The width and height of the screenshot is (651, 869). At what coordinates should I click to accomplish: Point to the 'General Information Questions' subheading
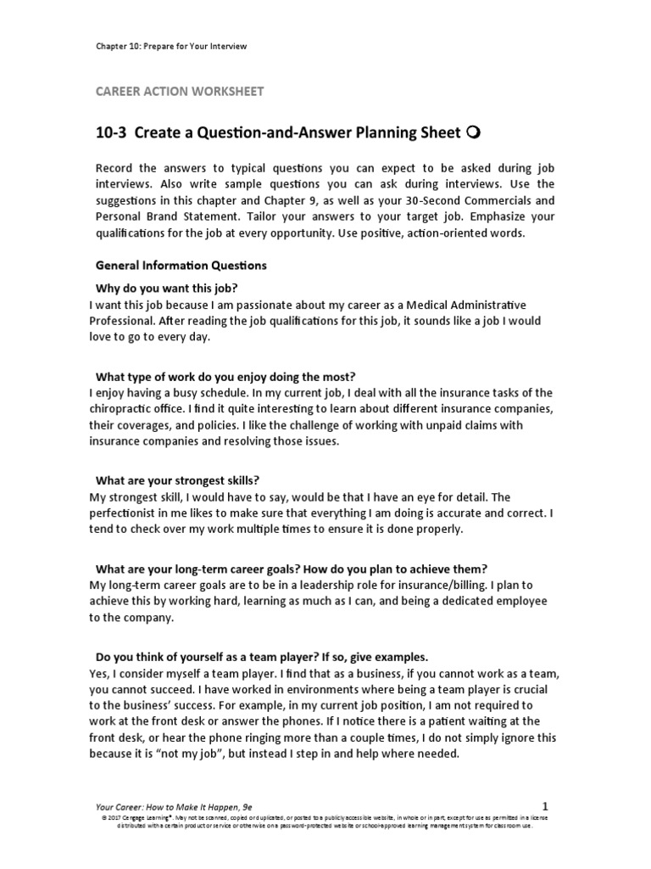[181, 266]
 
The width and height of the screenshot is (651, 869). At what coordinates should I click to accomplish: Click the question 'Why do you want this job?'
[166, 288]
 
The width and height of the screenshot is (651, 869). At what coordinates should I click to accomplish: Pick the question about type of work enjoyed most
[224, 375]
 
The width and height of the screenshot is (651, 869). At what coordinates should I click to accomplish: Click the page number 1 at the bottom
[545, 804]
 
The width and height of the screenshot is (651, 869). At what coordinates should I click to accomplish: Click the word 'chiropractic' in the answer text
[125, 409]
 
